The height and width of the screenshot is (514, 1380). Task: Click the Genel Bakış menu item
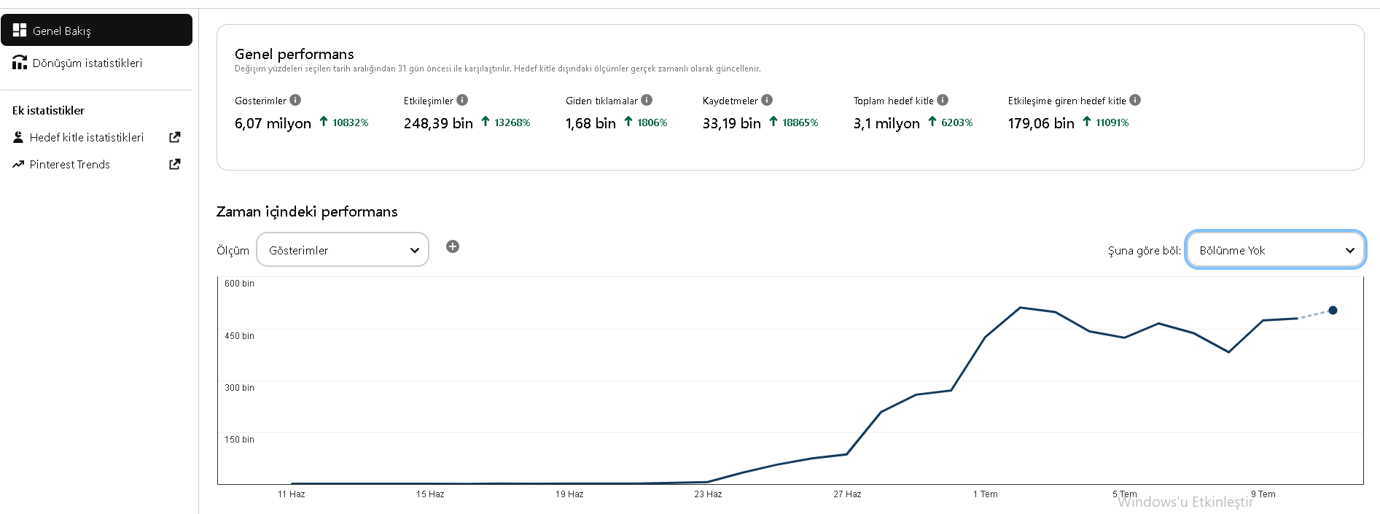96,31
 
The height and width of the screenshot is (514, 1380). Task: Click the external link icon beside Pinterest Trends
175,164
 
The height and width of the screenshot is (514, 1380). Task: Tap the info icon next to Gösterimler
295,100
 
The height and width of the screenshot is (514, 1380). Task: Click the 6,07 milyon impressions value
273,123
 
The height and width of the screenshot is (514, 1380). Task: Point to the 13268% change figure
512,122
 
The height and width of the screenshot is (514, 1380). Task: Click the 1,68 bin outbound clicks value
590,123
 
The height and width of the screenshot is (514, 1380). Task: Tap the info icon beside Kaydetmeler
767,100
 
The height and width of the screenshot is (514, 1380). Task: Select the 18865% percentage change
800,122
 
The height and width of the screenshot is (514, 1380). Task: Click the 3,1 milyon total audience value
886,123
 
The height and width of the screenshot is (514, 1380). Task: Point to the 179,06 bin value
1041,123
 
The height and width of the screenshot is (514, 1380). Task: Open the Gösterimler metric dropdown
343,250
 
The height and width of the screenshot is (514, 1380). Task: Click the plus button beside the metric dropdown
453,246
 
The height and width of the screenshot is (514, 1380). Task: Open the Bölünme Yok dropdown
1276,250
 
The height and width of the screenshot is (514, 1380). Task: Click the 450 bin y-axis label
239,336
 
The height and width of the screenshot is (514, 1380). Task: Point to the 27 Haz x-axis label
847,494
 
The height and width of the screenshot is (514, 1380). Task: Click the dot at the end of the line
1333,311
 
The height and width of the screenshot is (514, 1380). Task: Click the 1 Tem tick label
986,494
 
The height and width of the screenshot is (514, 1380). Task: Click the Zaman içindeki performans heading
307,212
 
